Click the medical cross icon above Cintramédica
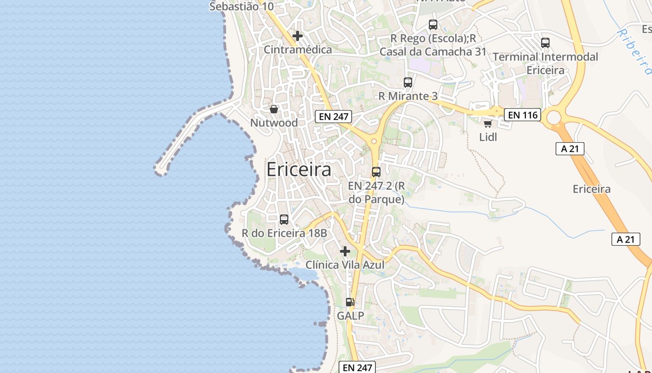click(298, 36)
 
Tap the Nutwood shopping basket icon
click(274, 109)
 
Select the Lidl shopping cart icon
click(488, 124)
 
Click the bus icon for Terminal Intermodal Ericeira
click(545, 43)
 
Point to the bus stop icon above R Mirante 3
click(408, 83)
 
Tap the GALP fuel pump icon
click(350, 302)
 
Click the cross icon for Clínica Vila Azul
click(345, 252)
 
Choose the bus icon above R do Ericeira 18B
click(284, 219)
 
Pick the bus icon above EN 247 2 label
click(376, 172)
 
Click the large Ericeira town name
click(299, 169)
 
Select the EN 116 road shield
click(523, 115)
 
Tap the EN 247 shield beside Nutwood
click(333, 117)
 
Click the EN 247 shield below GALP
click(357, 367)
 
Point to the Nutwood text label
click(274, 123)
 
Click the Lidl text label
click(488, 137)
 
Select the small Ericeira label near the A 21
click(591, 189)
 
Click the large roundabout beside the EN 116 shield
click(554, 117)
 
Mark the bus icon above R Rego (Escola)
click(433, 25)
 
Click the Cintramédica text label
click(298, 49)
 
